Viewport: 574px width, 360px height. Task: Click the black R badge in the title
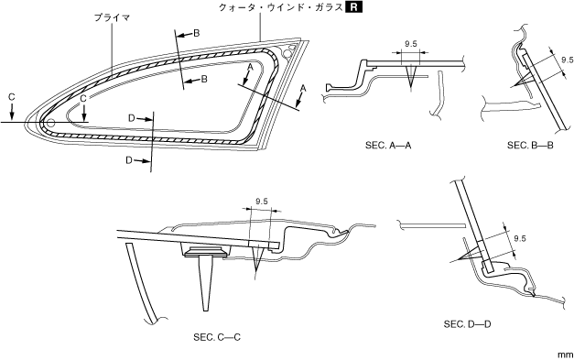pos(353,7)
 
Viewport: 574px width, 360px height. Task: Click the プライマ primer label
pos(112,17)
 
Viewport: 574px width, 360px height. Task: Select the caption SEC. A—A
pos(388,146)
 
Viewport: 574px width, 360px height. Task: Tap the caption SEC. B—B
pos(530,146)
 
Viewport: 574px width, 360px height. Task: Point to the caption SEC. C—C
pos(217,337)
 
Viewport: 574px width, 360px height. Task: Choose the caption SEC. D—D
pos(468,324)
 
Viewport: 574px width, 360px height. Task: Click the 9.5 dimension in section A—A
pos(411,44)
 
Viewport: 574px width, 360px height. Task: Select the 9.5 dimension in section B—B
pos(567,60)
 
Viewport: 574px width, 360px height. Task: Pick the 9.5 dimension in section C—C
pos(262,201)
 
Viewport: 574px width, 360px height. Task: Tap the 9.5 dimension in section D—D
pos(519,238)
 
